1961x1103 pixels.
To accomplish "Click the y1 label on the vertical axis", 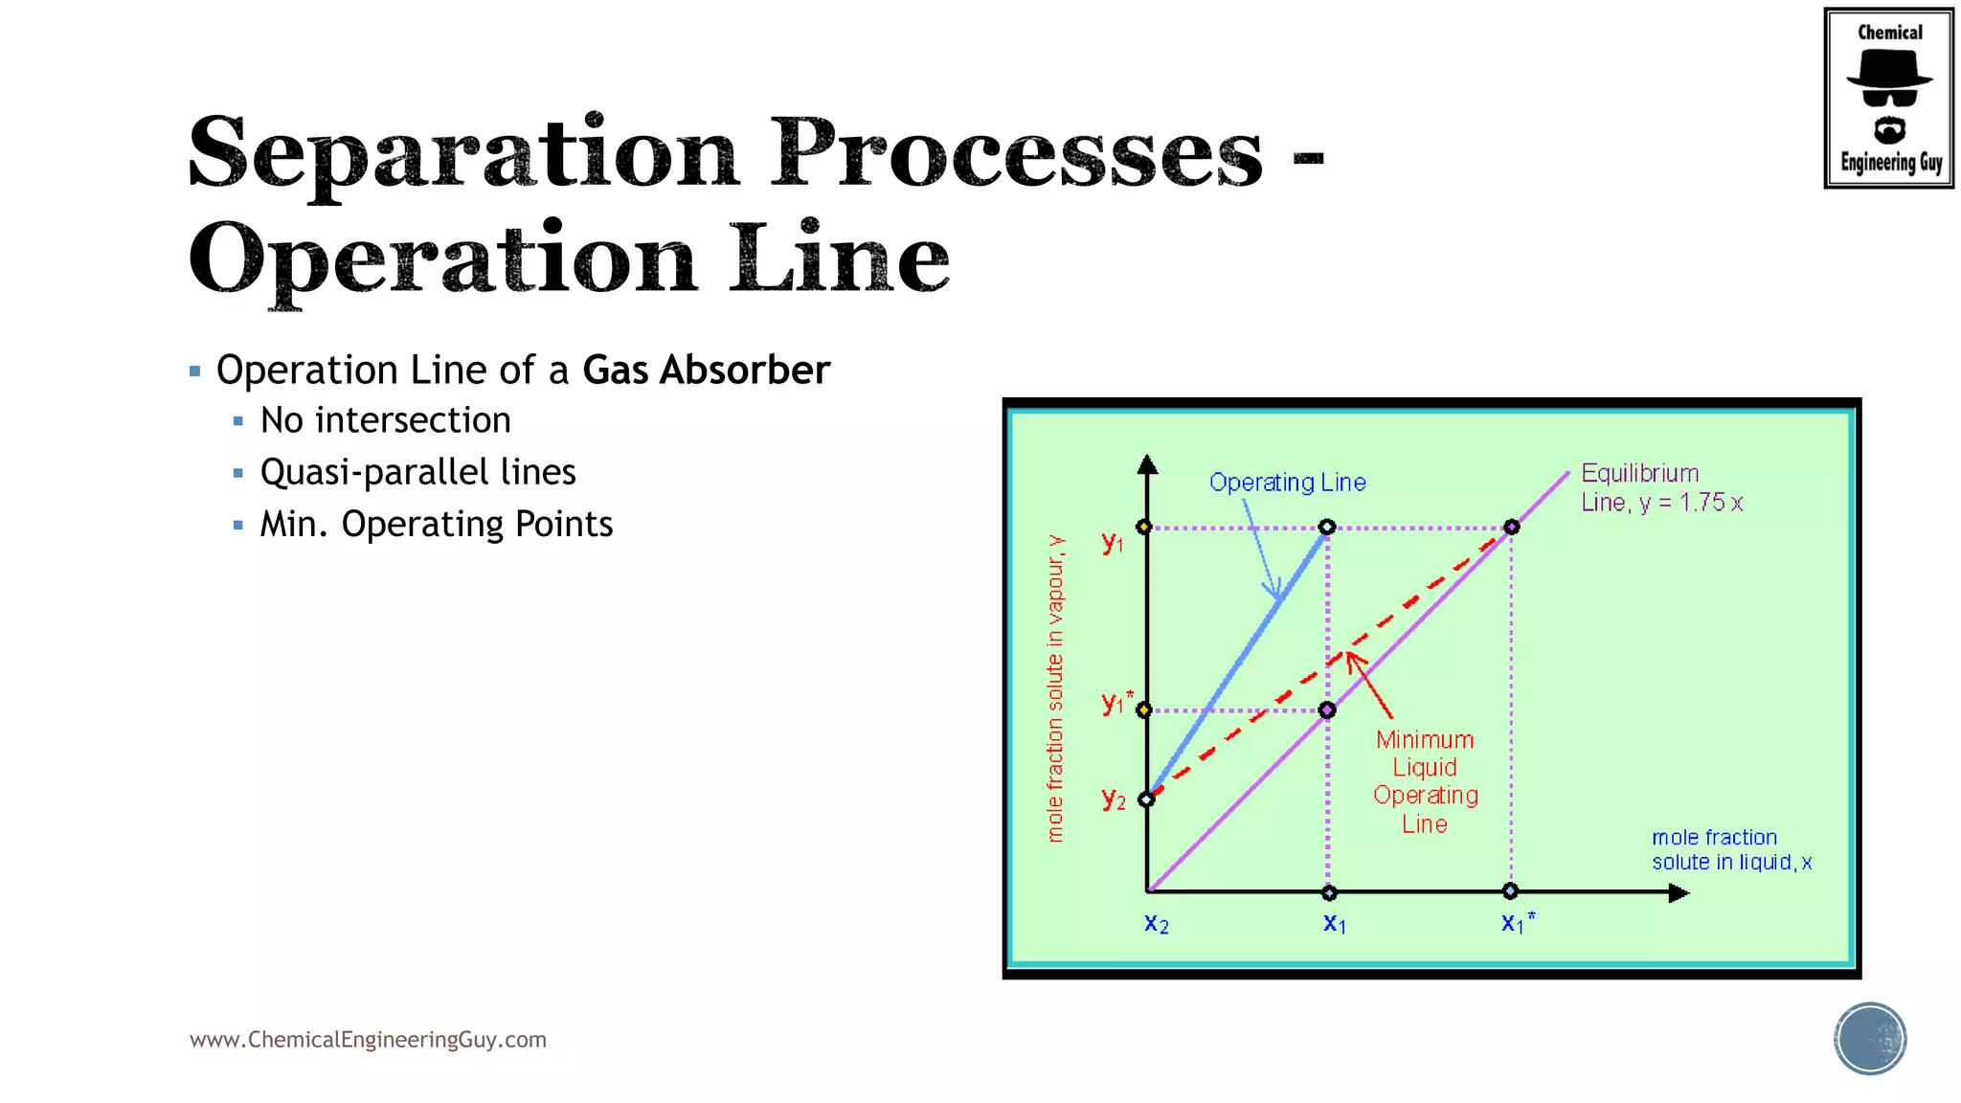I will click(x=1112, y=543).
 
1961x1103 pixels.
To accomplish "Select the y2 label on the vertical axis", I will click(x=1113, y=799).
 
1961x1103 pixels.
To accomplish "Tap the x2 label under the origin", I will click(x=1156, y=924).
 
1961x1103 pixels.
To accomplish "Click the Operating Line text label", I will click(x=1287, y=483).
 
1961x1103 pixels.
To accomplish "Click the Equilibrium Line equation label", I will click(x=1660, y=488).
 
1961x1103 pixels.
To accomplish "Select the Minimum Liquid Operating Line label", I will click(x=1425, y=781).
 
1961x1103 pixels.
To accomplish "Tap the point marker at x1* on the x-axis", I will click(x=1510, y=891).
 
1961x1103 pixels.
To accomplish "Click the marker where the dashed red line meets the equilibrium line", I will click(x=1511, y=528).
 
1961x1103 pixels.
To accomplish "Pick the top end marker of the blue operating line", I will click(x=1327, y=528).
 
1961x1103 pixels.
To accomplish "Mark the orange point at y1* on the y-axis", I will click(x=1144, y=710).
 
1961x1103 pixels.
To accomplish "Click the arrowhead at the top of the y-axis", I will click(x=1147, y=465).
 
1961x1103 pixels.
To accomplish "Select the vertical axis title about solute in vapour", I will click(x=1055, y=688).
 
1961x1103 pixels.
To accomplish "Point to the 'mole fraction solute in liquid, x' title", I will click(x=1731, y=849).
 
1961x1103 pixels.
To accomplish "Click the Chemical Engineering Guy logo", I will click(x=1888, y=99).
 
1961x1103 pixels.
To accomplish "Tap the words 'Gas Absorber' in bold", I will click(x=706, y=371).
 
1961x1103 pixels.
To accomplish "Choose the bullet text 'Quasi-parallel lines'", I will click(x=417, y=472).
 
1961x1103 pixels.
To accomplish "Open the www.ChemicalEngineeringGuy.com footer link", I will click(x=368, y=1040).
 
